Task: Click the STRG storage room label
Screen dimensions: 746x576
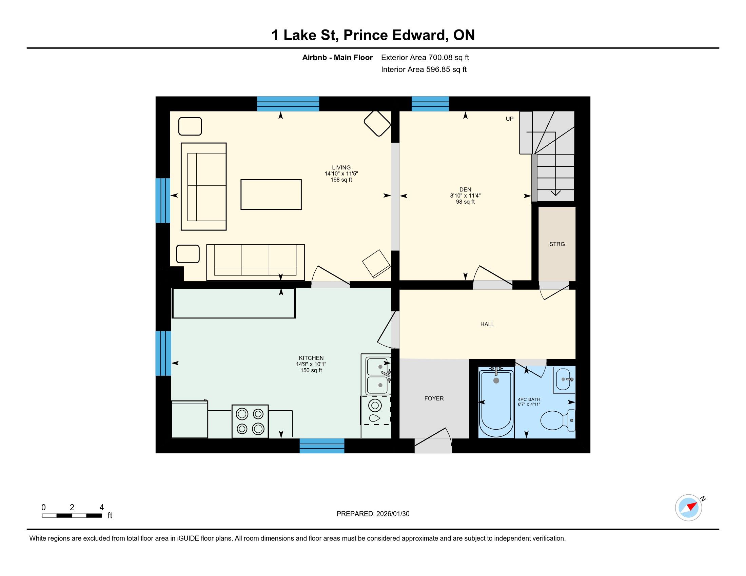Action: [x=557, y=244]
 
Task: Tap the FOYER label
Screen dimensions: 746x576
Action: [x=434, y=398]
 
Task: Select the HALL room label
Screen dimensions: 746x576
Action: [x=487, y=324]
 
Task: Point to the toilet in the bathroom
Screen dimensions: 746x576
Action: [x=557, y=420]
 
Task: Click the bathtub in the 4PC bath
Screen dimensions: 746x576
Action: [x=496, y=403]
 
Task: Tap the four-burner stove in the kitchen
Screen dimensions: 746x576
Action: [x=250, y=421]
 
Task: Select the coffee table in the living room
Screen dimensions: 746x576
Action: [x=271, y=194]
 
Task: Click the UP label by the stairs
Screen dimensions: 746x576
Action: [x=509, y=119]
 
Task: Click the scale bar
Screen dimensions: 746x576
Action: [x=72, y=516]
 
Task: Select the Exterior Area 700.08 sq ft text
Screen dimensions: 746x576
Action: [x=425, y=57]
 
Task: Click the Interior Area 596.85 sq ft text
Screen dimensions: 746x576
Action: [x=424, y=69]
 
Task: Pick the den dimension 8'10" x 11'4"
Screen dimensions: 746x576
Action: [x=465, y=196]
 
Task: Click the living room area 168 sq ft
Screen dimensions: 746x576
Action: [x=341, y=180]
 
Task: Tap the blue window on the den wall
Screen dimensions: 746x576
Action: [x=430, y=104]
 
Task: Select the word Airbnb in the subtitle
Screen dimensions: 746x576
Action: [x=314, y=57]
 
